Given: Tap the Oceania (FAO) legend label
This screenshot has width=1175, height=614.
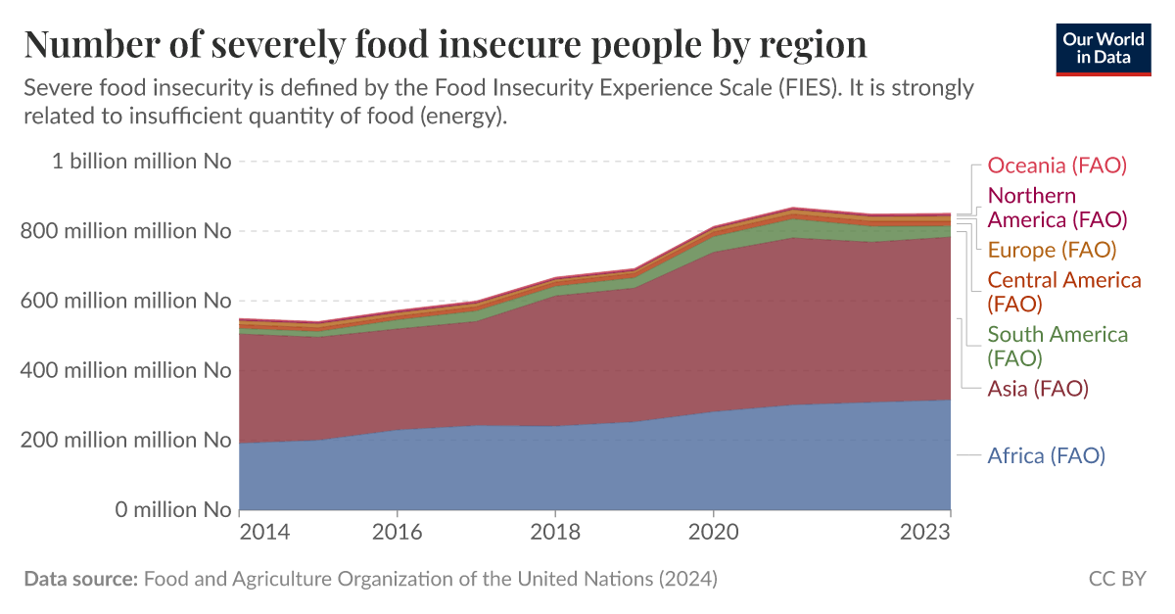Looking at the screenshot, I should (x=1057, y=165).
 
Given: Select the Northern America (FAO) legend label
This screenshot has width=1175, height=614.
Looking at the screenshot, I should (x=1057, y=207).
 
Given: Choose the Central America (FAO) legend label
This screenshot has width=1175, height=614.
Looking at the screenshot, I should (x=1063, y=292).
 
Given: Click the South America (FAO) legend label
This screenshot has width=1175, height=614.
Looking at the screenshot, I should (x=1057, y=346).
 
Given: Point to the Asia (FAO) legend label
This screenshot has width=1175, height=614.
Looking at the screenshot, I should (x=1038, y=389).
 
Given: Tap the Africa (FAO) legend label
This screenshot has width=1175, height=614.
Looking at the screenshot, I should (x=1046, y=455).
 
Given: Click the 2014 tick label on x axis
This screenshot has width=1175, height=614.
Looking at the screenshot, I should (x=264, y=533).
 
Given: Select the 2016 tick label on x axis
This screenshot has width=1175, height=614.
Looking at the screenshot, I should (x=398, y=533).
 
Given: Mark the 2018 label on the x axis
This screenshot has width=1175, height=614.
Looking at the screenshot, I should (x=555, y=533).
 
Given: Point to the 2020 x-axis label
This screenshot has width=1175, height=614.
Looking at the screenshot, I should (x=714, y=533).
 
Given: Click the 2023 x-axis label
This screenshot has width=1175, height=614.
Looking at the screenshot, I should (x=925, y=533).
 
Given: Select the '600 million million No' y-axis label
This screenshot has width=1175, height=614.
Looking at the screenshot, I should (x=133, y=301).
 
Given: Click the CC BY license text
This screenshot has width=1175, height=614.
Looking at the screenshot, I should (x=1116, y=579).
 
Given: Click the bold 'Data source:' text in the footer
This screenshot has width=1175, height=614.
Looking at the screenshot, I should (x=80, y=579).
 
